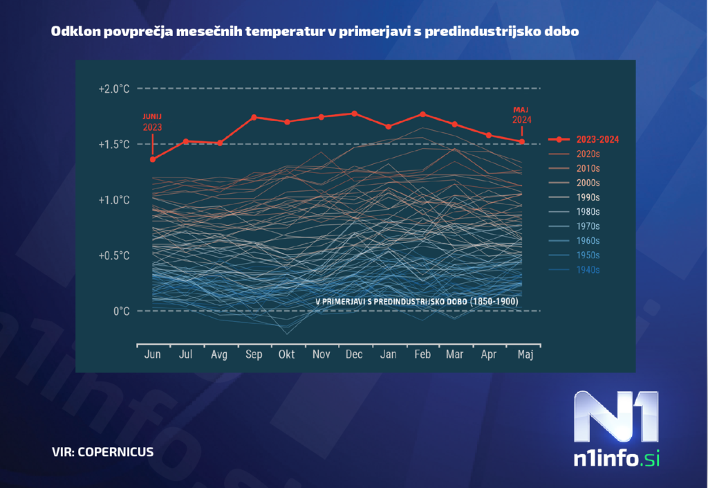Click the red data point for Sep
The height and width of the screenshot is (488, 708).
click(x=254, y=117)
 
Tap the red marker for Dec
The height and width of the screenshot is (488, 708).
click(x=354, y=114)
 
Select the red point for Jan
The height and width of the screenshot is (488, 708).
click(x=389, y=127)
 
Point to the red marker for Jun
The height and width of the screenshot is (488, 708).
click(x=153, y=159)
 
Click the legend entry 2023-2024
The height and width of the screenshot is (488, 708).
click(x=597, y=139)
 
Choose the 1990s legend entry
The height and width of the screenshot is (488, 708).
click(x=588, y=197)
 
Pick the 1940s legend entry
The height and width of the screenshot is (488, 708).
click(x=588, y=270)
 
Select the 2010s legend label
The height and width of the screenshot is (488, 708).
click(x=588, y=168)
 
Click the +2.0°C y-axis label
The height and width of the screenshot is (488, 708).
click(x=113, y=89)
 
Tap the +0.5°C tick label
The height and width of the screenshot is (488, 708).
click(x=113, y=255)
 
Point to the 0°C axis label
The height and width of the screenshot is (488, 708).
click(x=121, y=311)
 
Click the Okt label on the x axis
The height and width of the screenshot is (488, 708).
click(x=286, y=354)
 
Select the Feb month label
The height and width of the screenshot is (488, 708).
click(x=422, y=354)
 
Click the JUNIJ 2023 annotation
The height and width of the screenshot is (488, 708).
click(x=153, y=122)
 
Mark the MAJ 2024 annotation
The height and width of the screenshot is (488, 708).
click(x=522, y=114)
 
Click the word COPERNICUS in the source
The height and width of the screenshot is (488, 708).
click(x=115, y=452)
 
